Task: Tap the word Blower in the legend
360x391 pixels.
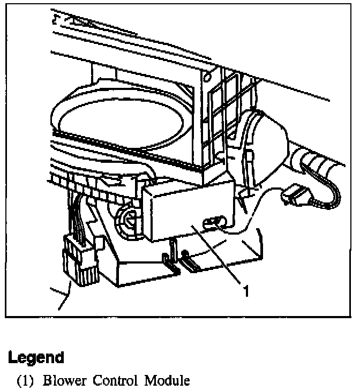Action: point(63,381)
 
